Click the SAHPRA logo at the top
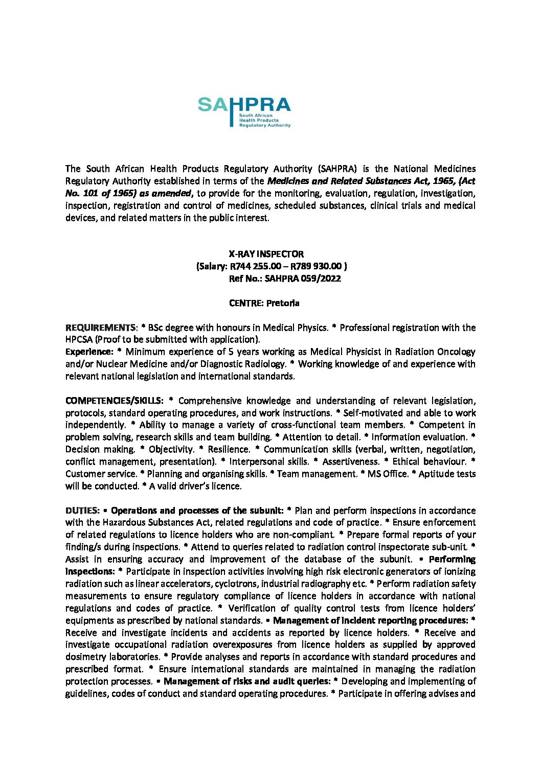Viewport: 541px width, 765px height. pos(244,112)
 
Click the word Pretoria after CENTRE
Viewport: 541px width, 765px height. pos(283,303)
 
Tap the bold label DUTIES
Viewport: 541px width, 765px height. pos(82,511)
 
